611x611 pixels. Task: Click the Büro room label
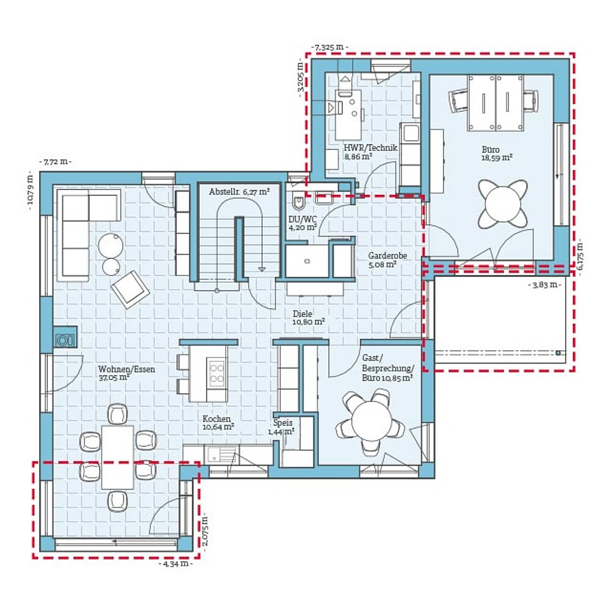tap(491, 150)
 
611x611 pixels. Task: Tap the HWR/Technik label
tap(370, 148)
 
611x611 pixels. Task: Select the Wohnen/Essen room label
tap(126, 369)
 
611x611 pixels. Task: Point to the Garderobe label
tap(387, 255)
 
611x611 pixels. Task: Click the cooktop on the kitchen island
tap(217, 373)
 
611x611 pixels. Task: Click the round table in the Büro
tap(503, 204)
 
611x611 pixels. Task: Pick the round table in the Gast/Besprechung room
tap(371, 421)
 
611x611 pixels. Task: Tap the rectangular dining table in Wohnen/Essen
tap(117, 456)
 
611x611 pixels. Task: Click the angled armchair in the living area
tap(130, 290)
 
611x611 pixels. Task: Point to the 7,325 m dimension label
tap(330, 48)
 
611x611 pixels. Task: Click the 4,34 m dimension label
tap(176, 563)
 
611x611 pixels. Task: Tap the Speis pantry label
tap(282, 423)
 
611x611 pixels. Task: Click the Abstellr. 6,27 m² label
tap(240, 192)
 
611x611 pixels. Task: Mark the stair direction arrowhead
tap(262, 269)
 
